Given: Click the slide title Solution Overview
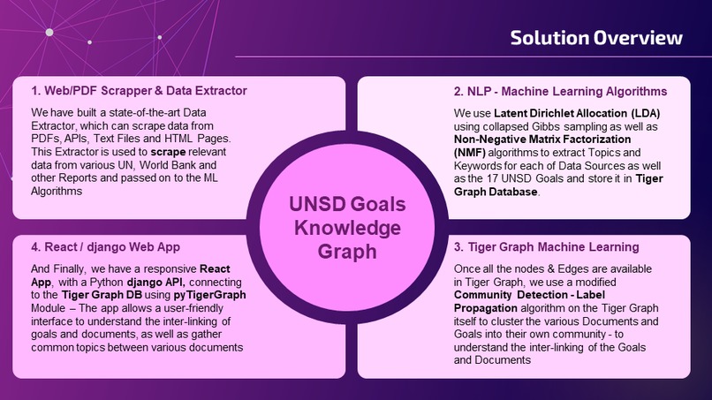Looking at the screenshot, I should point(596,38).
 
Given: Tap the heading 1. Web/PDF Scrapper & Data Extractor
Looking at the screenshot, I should point(139,91).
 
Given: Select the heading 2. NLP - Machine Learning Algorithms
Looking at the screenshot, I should point(560,91).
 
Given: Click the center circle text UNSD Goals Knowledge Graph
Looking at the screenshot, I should point(347,228).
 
